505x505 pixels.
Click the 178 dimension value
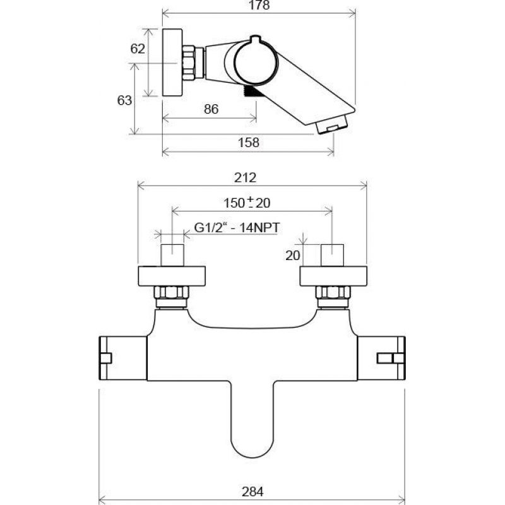click(x=259, y=5)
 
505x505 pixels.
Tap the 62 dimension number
click(x=138, y=49)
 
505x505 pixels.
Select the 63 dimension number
click(x=124, y=100)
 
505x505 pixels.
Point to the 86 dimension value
click(x=211, y=109)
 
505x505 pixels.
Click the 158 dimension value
click(x=248, y=143)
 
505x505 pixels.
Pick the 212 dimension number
click(x=245, y=177)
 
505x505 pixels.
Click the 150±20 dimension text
click(x=247, y=203)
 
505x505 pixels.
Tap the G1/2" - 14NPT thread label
click(x=237, y=228)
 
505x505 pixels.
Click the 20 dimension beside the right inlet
click(x=292, y=256)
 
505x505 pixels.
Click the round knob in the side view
click(x=256, y=61)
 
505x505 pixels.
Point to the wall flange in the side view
click(x=172, y=62)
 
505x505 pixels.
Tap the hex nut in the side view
click(x=189, y=62)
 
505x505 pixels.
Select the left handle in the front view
click(x=122, y=358)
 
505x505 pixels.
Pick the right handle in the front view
click(x=381, y=358)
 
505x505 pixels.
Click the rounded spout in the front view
click(x=252, y=419)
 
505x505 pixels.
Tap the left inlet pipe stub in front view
click(x=172, y=256)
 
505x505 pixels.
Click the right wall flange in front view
click(x=333, y=276)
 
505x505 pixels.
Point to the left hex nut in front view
click(x=171, y=292)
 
